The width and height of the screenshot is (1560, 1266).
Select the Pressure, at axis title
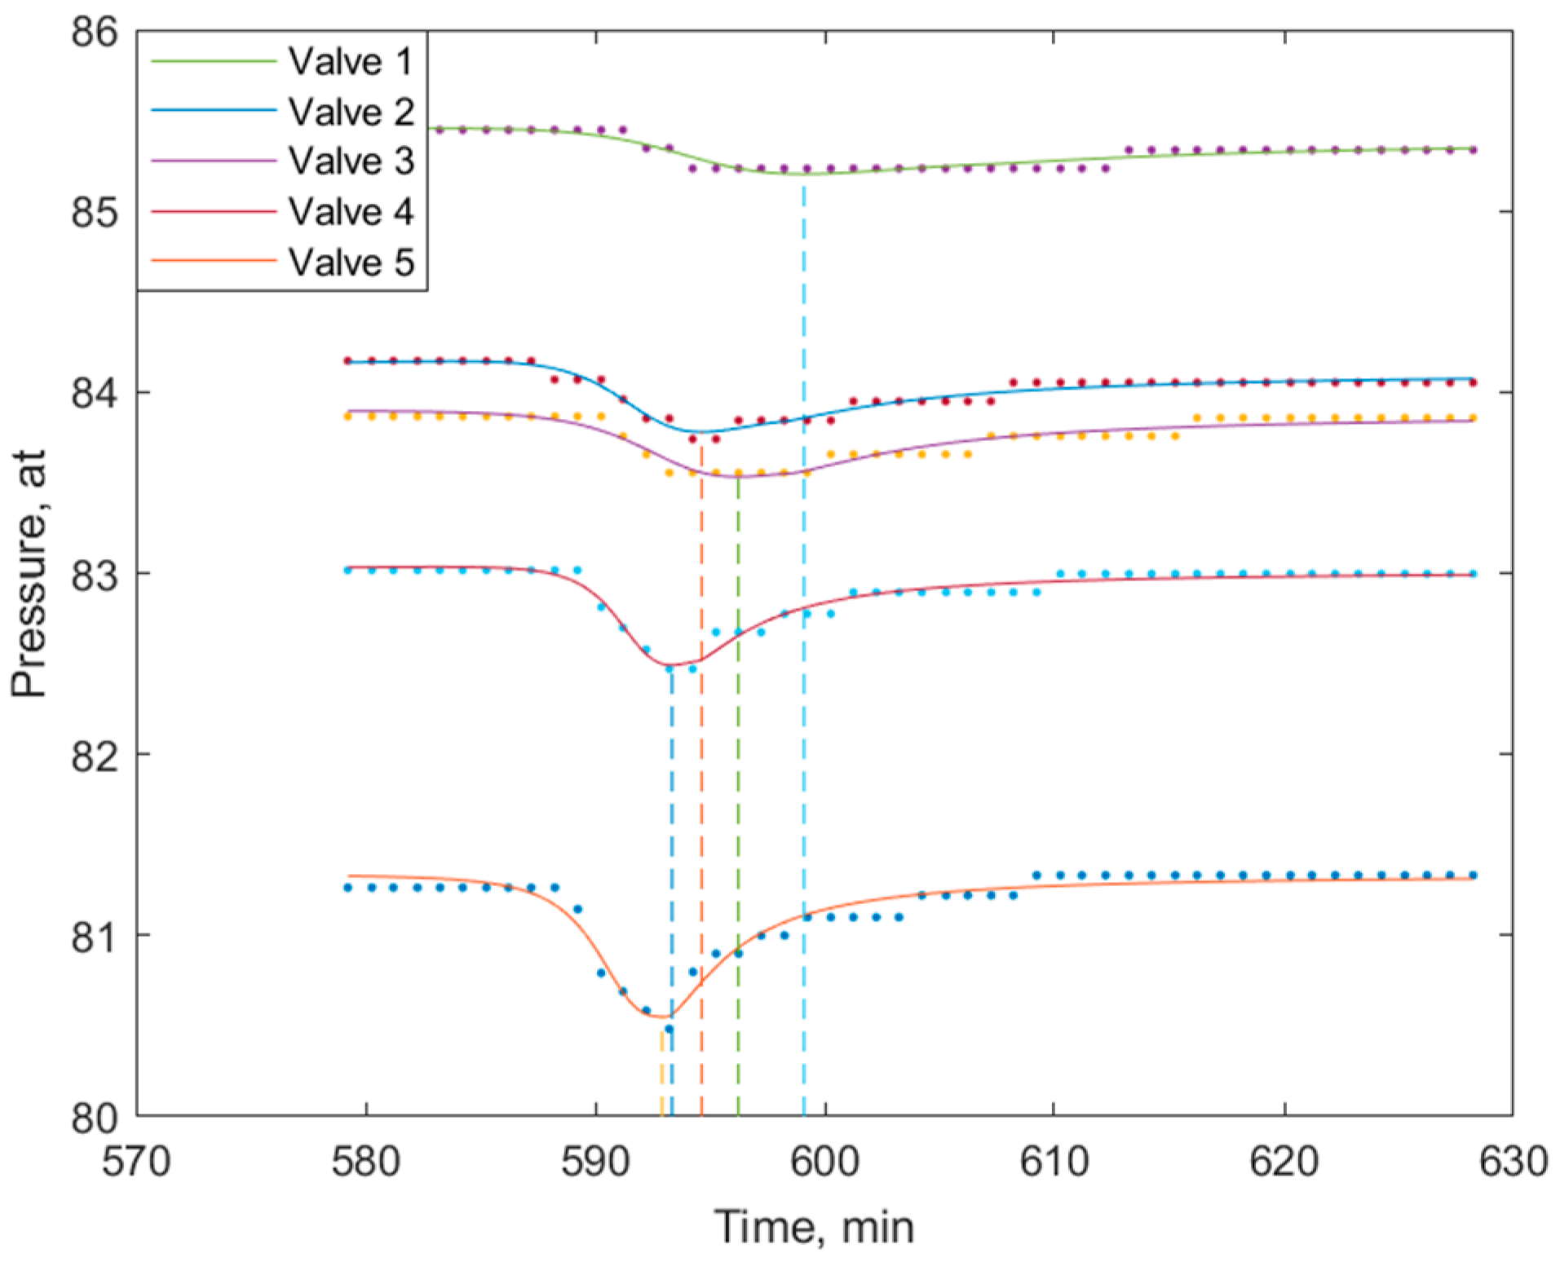click(30, 574)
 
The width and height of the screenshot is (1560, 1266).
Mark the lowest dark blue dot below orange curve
click(669, 1029)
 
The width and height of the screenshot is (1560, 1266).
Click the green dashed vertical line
click(738, 815)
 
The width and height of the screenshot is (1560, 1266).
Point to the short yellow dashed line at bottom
click(661, 1076)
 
